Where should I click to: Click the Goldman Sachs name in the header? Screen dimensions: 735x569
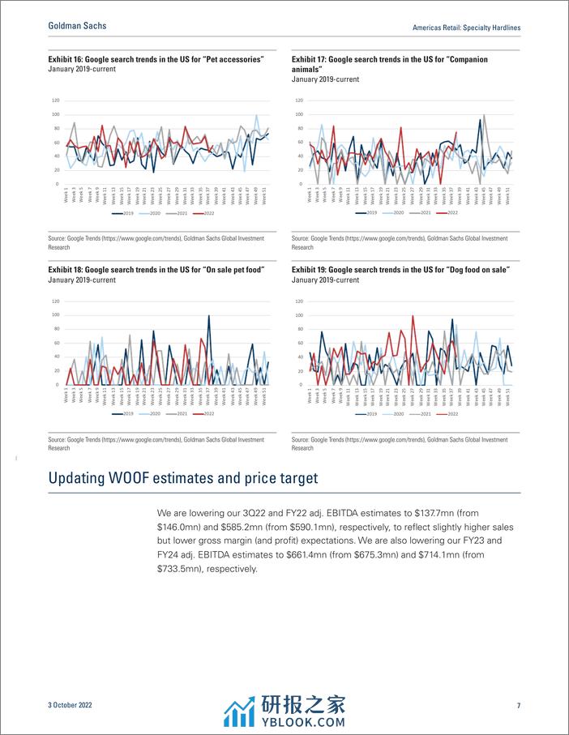77,26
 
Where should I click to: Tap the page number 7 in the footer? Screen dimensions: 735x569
518,706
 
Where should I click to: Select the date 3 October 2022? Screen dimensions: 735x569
70,706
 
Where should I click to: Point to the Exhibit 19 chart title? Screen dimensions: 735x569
401,270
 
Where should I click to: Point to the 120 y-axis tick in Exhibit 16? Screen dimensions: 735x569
56,100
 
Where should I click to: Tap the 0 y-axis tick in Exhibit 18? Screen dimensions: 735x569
58,384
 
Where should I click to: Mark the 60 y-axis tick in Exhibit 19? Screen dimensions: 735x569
300,342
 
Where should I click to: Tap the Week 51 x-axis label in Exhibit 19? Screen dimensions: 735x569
507,394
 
